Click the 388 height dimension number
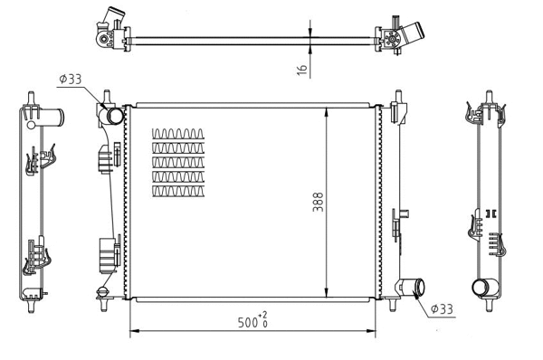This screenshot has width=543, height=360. pos(318,203)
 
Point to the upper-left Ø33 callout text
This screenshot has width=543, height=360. pos(70,80)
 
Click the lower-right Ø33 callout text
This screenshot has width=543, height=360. pos(442,309)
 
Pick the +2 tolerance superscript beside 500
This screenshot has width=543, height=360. pos(263,316)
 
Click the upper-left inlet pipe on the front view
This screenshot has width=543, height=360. pos(113,116)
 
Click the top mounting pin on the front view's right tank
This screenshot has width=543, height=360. pos(396,96)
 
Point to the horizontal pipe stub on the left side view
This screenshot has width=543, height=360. pos(54,117)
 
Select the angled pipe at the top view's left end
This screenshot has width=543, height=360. pos(110,19)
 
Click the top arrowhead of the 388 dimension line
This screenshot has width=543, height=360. pos(326,109)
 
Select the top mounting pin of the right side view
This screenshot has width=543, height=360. pos(489,96)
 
